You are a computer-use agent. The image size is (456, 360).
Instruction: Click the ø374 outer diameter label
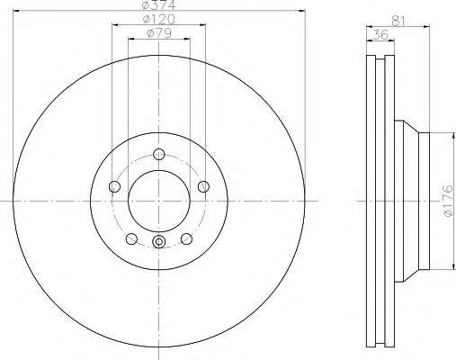[x=158, y=7]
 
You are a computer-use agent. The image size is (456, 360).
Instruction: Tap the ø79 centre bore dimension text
[x=158, y=35]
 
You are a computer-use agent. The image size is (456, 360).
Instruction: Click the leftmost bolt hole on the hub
[x=114, y=186]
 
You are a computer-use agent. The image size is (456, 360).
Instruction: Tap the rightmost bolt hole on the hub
[x=203, y=186]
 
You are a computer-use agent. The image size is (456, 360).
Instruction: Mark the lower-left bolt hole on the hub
[x=131, y=238]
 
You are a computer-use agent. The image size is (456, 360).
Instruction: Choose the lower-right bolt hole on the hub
[x=186, y=238]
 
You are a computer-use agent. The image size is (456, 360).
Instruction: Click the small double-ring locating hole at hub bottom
[x=158, y=241]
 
